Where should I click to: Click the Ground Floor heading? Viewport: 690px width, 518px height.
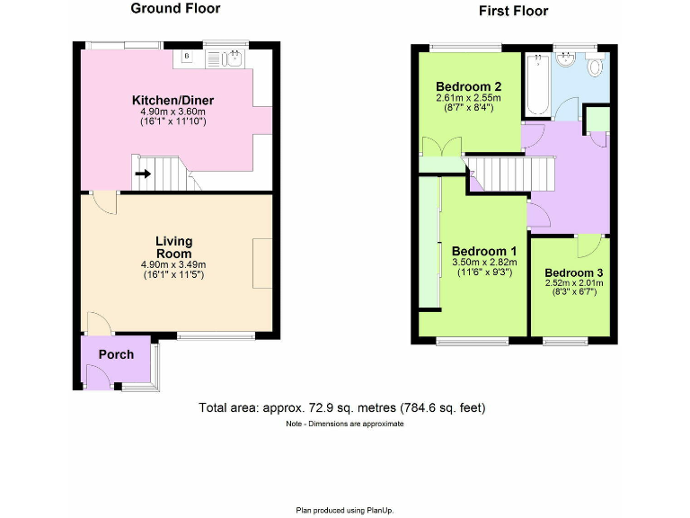175,9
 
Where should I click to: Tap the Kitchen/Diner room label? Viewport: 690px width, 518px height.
173,100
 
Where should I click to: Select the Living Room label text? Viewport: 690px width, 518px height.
173,247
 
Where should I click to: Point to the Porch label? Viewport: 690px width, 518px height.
116,354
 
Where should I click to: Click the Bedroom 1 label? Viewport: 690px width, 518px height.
484,251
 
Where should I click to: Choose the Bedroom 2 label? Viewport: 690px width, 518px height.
468,86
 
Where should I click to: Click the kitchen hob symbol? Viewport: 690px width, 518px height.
187,58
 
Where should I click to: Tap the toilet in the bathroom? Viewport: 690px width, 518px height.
595,67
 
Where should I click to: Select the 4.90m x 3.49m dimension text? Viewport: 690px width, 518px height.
173,264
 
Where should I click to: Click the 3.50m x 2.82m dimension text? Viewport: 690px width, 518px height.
484,263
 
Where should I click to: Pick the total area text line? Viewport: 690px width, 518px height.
342,407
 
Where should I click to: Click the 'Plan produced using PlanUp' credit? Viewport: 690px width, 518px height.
345,509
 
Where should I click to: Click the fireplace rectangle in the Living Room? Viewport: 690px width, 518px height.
263,263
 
